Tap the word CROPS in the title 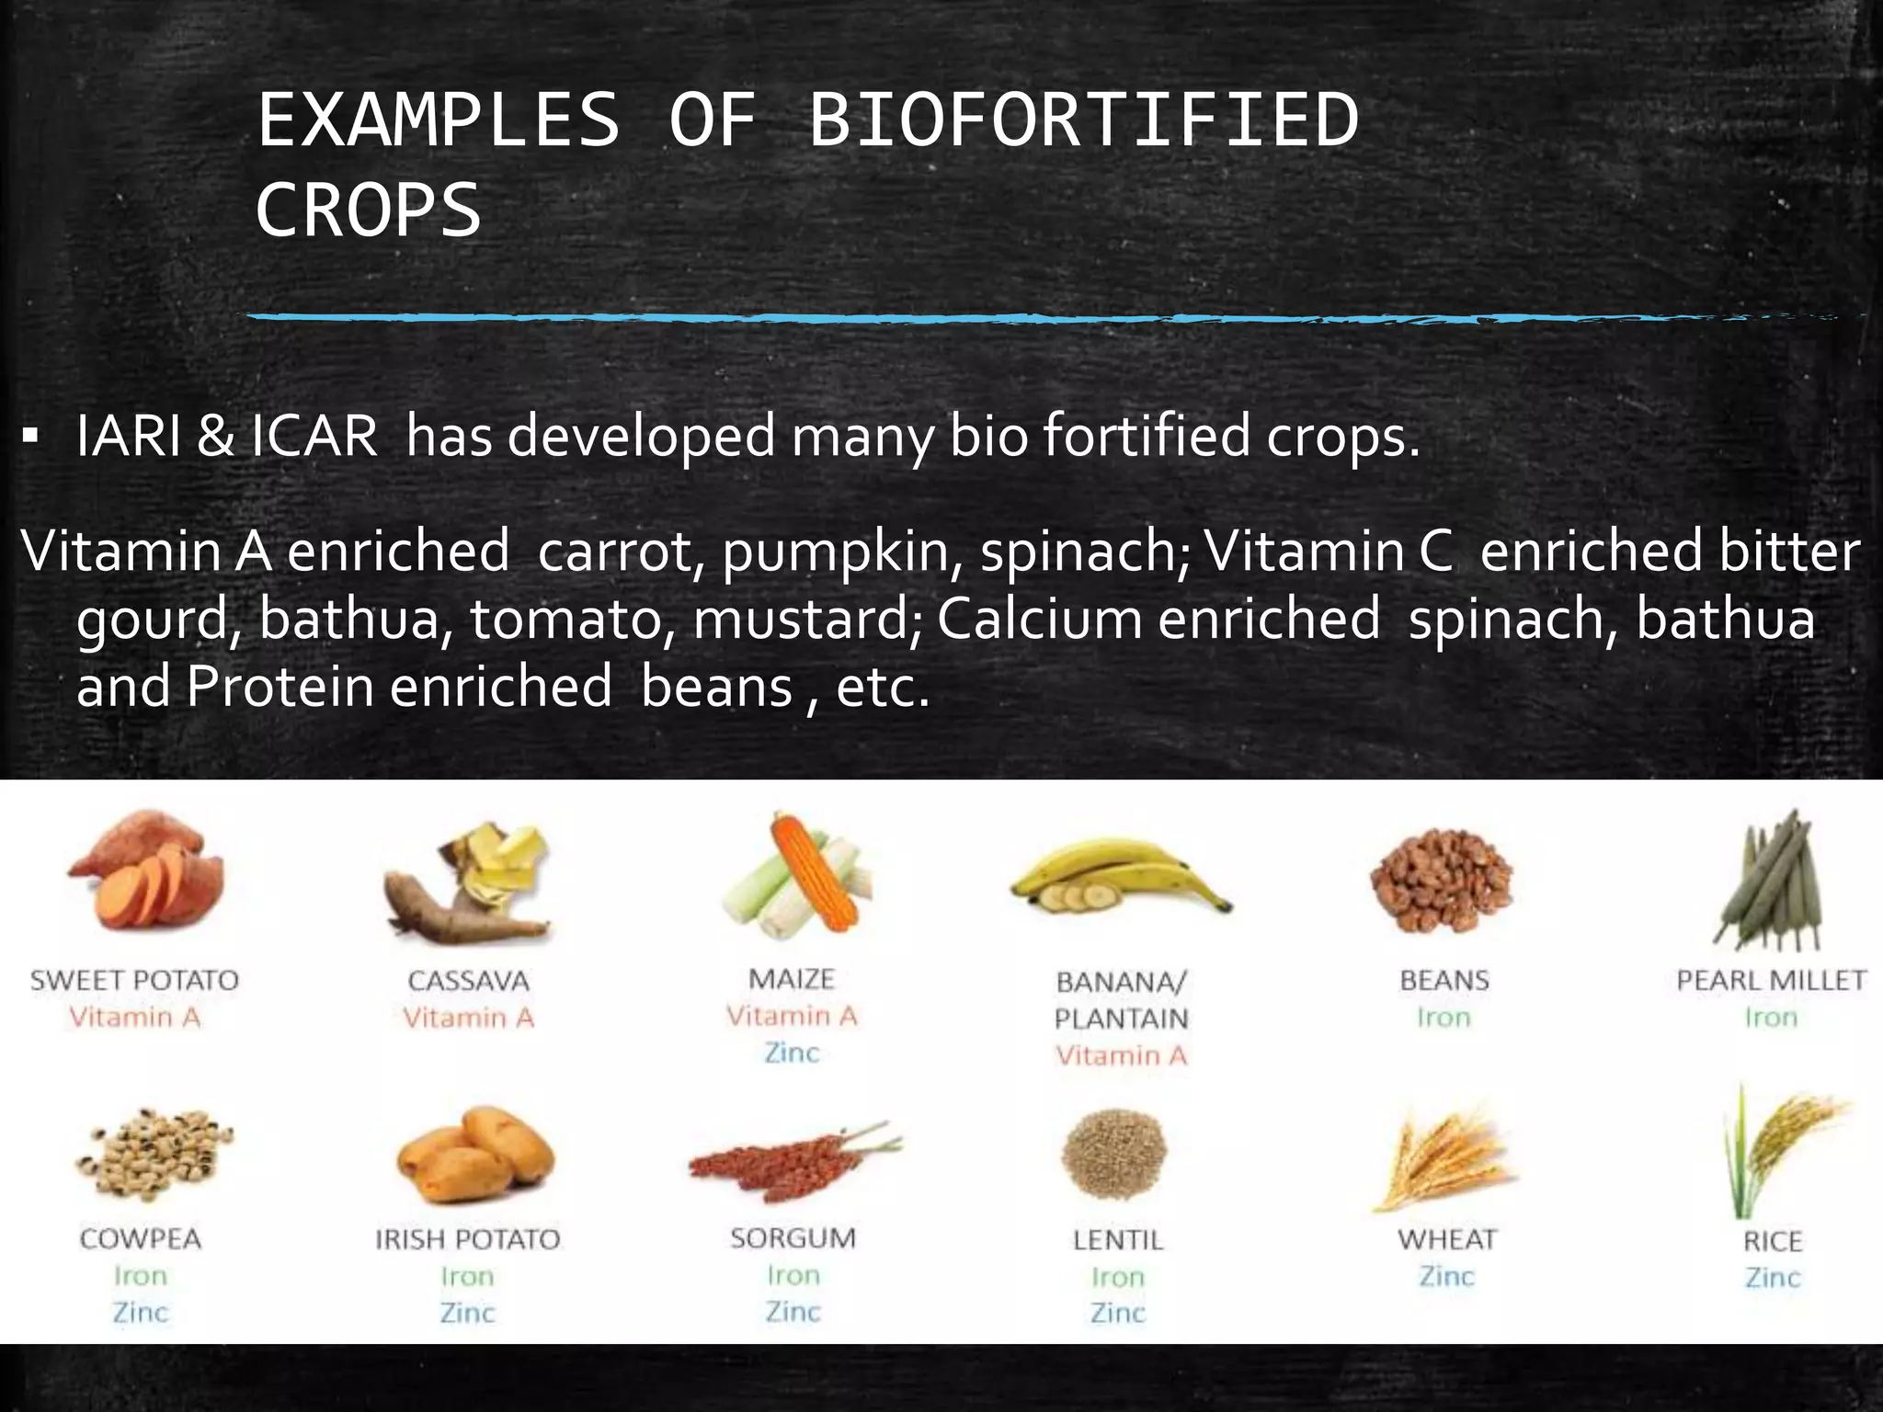[x=369, y=211]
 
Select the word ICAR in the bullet [x=314, y=436]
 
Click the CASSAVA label [x=468, y=981]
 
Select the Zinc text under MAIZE [x=792, y=1053]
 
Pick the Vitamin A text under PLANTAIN [x=1121, y=1055]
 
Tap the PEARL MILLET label [x=1771, y=981]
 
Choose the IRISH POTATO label [x=467, y=1239]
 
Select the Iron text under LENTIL [x=1117, y=1277]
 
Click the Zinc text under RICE [x=1772, y=1278]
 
